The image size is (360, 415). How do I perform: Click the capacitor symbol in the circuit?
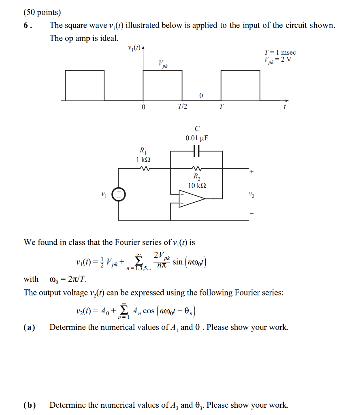pos(196,151)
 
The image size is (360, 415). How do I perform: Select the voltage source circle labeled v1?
pos(119,195)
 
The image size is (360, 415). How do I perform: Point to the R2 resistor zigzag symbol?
pos(196,168)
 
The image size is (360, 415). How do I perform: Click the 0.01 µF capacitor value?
pos(197,138)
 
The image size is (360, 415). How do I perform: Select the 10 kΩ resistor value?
pos(197,185)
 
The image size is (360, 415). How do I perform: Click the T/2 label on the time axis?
pos(183,107)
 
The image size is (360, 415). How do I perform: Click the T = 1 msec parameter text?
pos(280,53)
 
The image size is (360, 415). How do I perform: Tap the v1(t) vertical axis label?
pos(134,48)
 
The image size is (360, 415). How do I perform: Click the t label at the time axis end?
pos(285,107)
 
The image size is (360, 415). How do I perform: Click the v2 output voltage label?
pos(252,196)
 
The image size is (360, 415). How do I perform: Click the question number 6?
pos(27,26)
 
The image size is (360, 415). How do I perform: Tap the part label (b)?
pos(29,405)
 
